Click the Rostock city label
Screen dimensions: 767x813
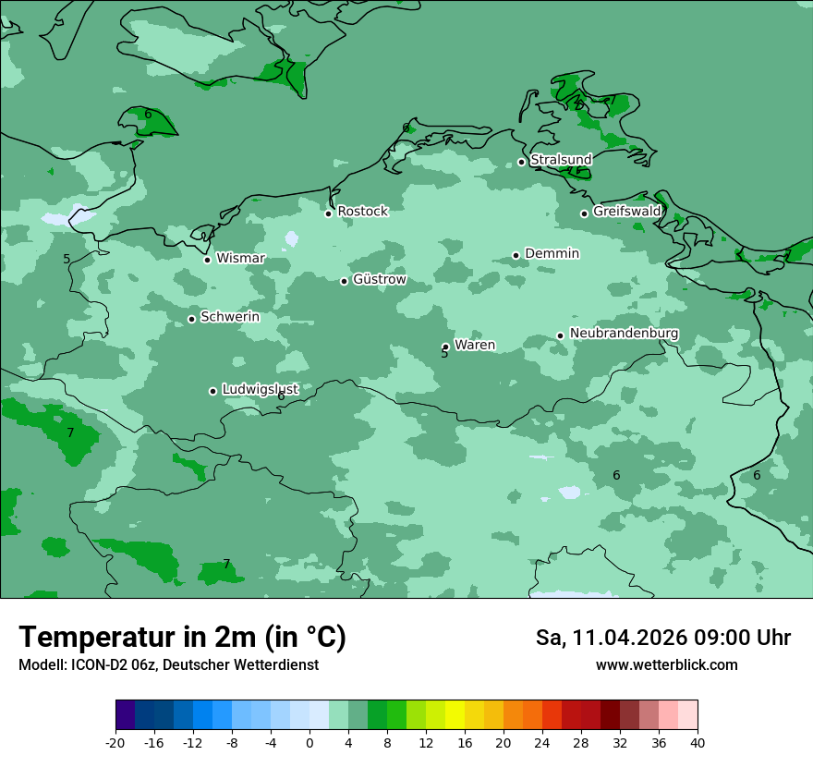tap(362, 212)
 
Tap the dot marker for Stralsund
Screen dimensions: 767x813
tap(521, 162)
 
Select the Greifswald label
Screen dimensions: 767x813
tap(626, 212)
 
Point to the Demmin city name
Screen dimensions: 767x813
tap(552, 254)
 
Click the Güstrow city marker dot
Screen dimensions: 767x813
tap(344, 281)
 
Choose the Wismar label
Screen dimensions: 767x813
tap(240, 259)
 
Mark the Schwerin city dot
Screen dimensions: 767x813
tap(191, 319)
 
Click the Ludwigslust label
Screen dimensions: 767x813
tap(260, 390)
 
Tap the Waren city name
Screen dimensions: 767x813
tap(474, 346)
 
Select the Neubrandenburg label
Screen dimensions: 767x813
tap(624, 334)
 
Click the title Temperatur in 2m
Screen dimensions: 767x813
tap(182, 637)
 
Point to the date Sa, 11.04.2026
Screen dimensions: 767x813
tap(610, 638)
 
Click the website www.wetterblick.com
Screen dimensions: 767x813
tap(666, 665)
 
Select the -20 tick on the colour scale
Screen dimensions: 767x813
tap(115, 743)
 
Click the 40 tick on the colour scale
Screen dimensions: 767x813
tap(697, 743)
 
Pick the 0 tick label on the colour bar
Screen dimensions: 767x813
tap(309, 743)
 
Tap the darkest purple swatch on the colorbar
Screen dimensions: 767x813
tap(126, 715)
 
